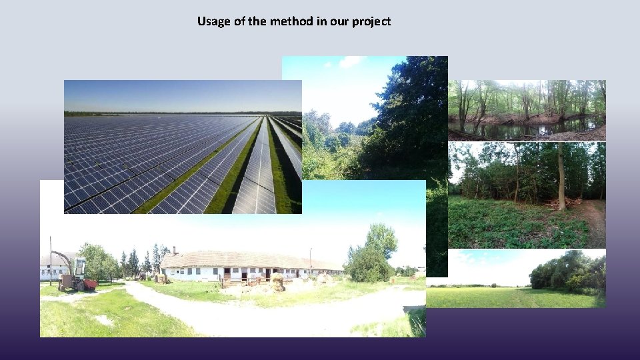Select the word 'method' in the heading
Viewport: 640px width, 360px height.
click(291, 21)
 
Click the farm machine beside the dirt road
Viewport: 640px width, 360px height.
click(75, 274)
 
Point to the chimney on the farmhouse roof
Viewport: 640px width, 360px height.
click(174, 251)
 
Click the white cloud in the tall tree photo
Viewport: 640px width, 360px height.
click(350, 62)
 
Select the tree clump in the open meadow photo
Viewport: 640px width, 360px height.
click(567, 272)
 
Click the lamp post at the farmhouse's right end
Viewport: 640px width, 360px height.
click(311, 261)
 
